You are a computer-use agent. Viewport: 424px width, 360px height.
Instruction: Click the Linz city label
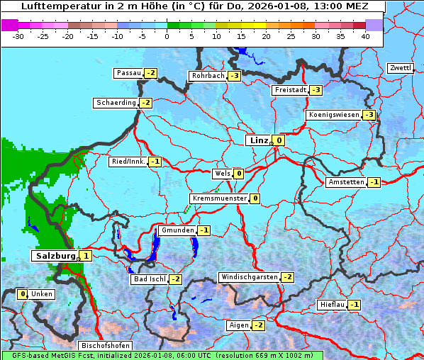[258, 140]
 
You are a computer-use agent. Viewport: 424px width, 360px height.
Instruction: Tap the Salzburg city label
[54, 256]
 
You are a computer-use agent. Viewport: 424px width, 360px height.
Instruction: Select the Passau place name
[128, 73]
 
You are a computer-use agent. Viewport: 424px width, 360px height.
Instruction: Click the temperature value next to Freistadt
[316, 90]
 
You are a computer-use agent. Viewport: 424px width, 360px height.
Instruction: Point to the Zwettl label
[400, 68]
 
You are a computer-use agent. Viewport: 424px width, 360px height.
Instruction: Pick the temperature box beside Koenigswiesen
[369, 115]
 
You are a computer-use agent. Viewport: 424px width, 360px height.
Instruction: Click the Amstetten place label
[345, 182]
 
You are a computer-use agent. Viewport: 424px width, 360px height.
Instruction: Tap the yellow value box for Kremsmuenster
[255, 198]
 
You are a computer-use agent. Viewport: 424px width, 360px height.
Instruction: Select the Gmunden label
[177, 230]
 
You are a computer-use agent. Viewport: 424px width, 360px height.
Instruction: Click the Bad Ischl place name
[149, 279]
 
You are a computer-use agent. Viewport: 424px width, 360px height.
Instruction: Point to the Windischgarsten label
[249, 277]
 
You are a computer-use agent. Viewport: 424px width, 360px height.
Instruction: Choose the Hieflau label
[332, 305]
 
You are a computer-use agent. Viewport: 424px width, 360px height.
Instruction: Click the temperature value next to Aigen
[258, 325]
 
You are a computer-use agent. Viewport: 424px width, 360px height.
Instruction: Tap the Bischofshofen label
[106, 346]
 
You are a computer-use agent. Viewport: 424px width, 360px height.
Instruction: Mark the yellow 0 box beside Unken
[23, 294]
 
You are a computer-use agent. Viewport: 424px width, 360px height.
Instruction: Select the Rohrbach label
[207, 76]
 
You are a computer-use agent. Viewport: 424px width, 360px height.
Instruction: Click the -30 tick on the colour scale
[18, 35]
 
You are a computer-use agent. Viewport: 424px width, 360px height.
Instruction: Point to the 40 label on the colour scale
[364, 35]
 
